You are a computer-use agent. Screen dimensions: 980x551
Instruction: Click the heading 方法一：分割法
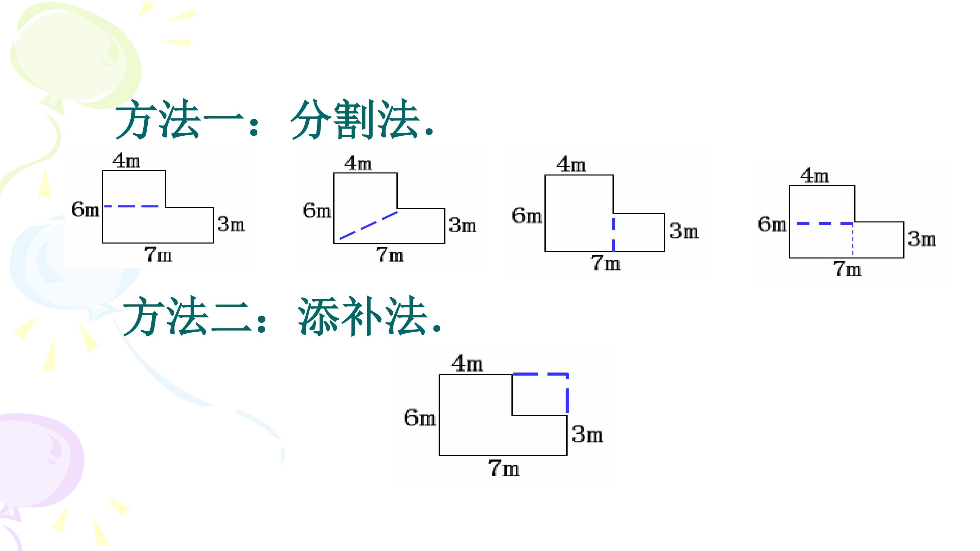(274, 119)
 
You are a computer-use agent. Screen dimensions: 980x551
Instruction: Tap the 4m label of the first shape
(126, 161)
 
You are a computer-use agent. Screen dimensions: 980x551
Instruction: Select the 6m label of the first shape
(85, 210)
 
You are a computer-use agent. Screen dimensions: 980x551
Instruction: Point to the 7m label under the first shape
(158, 254)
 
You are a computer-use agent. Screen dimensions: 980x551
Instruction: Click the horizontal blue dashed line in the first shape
(131, 206)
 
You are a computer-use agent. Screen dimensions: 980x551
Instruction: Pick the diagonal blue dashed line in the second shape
(369, 225)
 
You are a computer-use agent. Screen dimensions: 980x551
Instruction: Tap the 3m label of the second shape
(462, 225)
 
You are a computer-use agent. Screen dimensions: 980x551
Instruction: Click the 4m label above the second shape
(358, 164)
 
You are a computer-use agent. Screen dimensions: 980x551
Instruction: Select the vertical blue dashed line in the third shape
(613, 234)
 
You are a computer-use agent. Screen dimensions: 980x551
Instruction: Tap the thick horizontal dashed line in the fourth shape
(825, 223)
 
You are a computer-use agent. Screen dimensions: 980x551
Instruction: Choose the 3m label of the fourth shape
(922, 239)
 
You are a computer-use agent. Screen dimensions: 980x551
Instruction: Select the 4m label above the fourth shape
(815, 176)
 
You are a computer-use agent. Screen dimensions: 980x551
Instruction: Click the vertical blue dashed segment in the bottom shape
(567, 394)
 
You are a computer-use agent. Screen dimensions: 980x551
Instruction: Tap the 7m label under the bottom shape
(504, 468)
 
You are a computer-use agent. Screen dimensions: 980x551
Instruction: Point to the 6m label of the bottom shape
(420, 418)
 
